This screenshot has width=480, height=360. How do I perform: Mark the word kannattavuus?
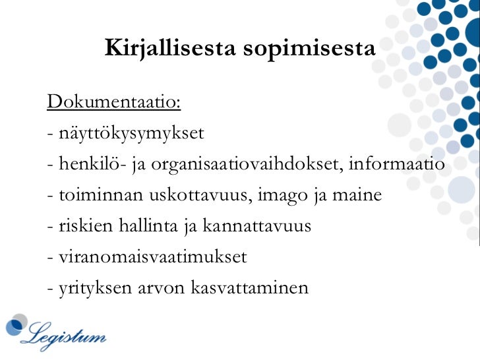point(256,226)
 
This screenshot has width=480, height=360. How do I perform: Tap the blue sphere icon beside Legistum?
point(16,327)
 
